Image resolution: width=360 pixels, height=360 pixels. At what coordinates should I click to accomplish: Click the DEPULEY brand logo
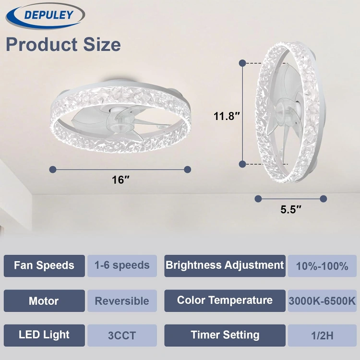click(45, 16)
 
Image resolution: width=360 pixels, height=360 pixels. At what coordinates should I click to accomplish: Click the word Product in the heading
click(42, 44)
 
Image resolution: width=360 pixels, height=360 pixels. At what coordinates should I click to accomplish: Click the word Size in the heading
click(102, 44)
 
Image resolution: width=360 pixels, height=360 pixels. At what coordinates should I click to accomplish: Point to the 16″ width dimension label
click(120, 180)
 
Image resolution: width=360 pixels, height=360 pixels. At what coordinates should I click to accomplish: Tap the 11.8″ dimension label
click(227, 116)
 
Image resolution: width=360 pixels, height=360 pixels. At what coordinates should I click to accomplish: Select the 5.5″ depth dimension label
click(291, 209)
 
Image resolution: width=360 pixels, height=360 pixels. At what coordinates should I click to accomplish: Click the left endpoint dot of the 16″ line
click(53, 169)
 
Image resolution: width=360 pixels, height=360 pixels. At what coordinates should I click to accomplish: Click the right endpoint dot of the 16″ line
click(188, 169)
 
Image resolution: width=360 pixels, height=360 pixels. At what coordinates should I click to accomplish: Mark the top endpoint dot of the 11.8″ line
click(242, 63)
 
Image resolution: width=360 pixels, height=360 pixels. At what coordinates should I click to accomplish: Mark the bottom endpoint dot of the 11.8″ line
click(242, 164)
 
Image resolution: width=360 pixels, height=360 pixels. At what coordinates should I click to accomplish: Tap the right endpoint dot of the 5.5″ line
click(323, 199)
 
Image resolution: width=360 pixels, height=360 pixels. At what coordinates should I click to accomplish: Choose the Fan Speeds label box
click(44, 266)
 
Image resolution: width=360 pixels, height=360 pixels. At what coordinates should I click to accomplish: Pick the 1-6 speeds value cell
click(122, 266)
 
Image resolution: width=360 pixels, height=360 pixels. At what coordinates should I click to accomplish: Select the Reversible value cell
click(122, 301)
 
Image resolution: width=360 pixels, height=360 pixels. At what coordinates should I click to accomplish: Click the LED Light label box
click(44, 336)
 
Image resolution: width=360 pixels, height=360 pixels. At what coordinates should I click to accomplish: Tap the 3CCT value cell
click(122, 336)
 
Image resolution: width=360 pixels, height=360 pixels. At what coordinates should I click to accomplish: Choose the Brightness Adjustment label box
click(225, 266)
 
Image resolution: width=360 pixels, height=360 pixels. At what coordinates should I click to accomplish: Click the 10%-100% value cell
click(322, 266)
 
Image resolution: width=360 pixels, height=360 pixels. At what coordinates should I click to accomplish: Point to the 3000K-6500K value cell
click(322, 301)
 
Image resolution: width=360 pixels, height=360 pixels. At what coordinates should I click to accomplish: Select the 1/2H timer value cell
click(322, 336)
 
